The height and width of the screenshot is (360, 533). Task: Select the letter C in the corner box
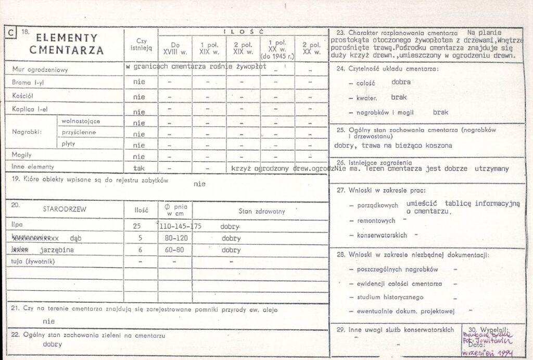point(11,34)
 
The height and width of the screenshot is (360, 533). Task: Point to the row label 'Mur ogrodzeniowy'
point(40,70)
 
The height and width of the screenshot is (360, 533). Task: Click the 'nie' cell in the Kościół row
point(139,97)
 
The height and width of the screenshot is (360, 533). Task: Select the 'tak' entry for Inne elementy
point(139,168)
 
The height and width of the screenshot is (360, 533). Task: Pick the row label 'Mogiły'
point(22,155)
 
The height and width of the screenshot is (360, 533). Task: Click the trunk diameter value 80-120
point(174,238)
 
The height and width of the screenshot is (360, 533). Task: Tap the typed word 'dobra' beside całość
point(401,82)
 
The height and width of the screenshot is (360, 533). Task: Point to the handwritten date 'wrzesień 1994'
point(491,353)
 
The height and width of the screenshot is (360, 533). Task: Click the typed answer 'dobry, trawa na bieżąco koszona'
point(393,146)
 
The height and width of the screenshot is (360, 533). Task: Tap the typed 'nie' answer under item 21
point(49,321)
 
